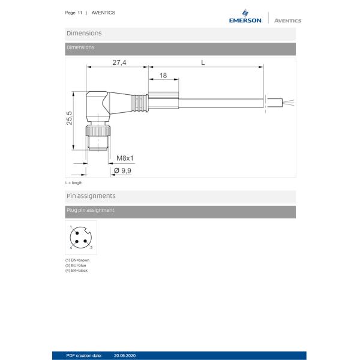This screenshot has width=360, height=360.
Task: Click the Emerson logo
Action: pyautogui.click(x=245, y=16)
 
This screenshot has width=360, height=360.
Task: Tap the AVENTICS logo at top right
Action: pyautogui.click(x=287, y=20)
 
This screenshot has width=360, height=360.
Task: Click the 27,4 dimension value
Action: pyautogui.click(x=119, y=62)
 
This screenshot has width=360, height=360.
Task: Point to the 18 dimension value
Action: pyautogui.click(x=163, y=76)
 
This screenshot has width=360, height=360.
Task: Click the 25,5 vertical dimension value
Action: pyautogui.click(x=70, y=118)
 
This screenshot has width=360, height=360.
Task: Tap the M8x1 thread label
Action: pyautogui.click(x=125, y=158)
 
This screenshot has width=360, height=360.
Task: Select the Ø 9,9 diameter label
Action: pyautogui.click(x=122, y=170)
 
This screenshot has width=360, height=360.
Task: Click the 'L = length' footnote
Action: pyautogui.click(x=74, y=182)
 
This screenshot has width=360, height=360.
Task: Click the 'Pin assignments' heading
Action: pyautogui.click(x=91, y=196)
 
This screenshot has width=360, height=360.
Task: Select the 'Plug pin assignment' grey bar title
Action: pyautogui.click(x=90, y=211)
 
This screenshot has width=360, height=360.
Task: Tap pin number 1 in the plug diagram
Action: pyautogui.click(x=71, y=227)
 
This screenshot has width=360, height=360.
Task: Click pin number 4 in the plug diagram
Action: pyautogui.click(x=71, y=247)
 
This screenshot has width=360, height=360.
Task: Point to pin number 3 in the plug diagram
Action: pyautogui.click(x=91, y=247)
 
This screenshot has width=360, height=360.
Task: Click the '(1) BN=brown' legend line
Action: pyautogui.click(x=77, y=260)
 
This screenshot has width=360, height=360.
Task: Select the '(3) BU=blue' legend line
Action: pyautogui.click(x=76, y=265)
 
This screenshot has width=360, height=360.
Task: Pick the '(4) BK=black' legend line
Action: pyautogui.click(x=77, y=271)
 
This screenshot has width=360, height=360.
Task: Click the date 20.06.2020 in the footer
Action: pyautogui.click(x=125, y=356)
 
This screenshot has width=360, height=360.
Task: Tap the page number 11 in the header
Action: pyautogui.click(x=80, y=13)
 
